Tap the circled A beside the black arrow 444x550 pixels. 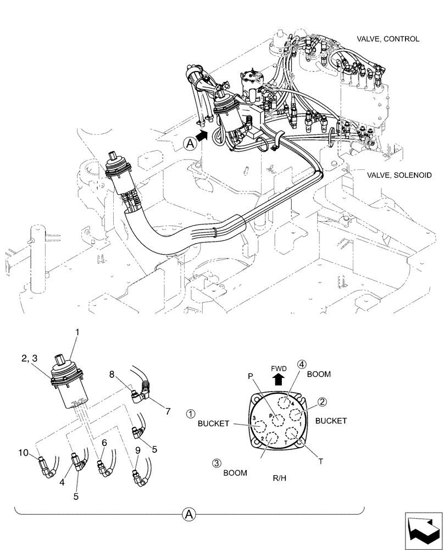click(x=189, y=144)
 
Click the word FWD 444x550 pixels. click(x=279, y=368)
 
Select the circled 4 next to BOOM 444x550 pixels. click(x=302, y=364)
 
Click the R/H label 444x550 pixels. click(x=279, y=479)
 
